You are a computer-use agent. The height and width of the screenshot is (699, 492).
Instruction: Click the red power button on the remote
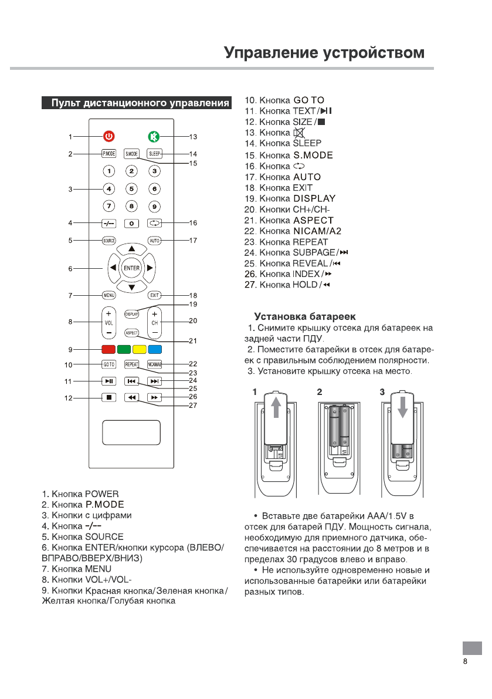point(109,137)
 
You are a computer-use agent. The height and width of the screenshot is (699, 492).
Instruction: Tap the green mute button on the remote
point(154,137)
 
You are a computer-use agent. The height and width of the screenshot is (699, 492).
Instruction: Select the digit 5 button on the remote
point(132,189)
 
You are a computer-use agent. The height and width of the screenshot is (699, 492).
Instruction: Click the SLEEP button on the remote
point(154,154)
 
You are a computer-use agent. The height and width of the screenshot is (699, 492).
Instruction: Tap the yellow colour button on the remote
point(139,350)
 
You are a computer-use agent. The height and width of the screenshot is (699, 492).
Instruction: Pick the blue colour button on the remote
point(154,350)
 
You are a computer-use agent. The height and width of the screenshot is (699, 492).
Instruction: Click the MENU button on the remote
point(109,295)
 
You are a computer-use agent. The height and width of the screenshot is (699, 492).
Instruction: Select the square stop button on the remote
point(109,397)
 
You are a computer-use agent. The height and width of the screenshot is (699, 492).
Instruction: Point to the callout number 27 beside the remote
point(192,405)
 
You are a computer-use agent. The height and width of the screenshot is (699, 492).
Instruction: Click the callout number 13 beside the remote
point(192,137)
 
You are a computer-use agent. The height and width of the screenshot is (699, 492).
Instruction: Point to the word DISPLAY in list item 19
point(314,198)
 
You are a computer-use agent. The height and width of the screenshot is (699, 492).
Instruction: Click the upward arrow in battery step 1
point(277,409)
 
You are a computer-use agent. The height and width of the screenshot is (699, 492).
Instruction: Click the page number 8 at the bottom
point(465,661)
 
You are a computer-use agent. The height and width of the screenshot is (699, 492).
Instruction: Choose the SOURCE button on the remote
point(109,241)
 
